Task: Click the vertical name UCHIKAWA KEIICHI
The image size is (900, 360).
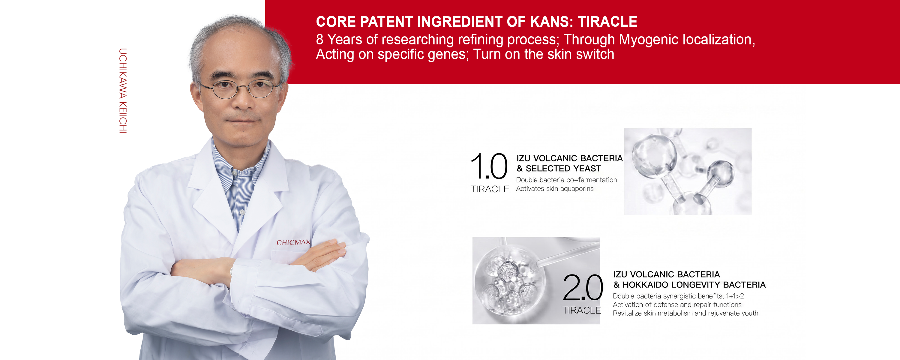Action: [x=123, y=91]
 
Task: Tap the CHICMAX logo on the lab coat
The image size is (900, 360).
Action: [x=293, y=242]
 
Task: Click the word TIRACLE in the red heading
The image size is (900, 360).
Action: [x=607, y=22]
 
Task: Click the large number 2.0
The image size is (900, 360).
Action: [x=583, y=287]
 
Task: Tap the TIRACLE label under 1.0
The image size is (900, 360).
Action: [x=490, y=189]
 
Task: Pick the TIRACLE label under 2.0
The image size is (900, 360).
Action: [x=582, y=310]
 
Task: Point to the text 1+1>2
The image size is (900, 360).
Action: [x=735, y=296]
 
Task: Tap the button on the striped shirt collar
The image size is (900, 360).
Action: [x=242, y=212]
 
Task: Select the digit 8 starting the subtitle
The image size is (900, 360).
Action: [x=319, y=40]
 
